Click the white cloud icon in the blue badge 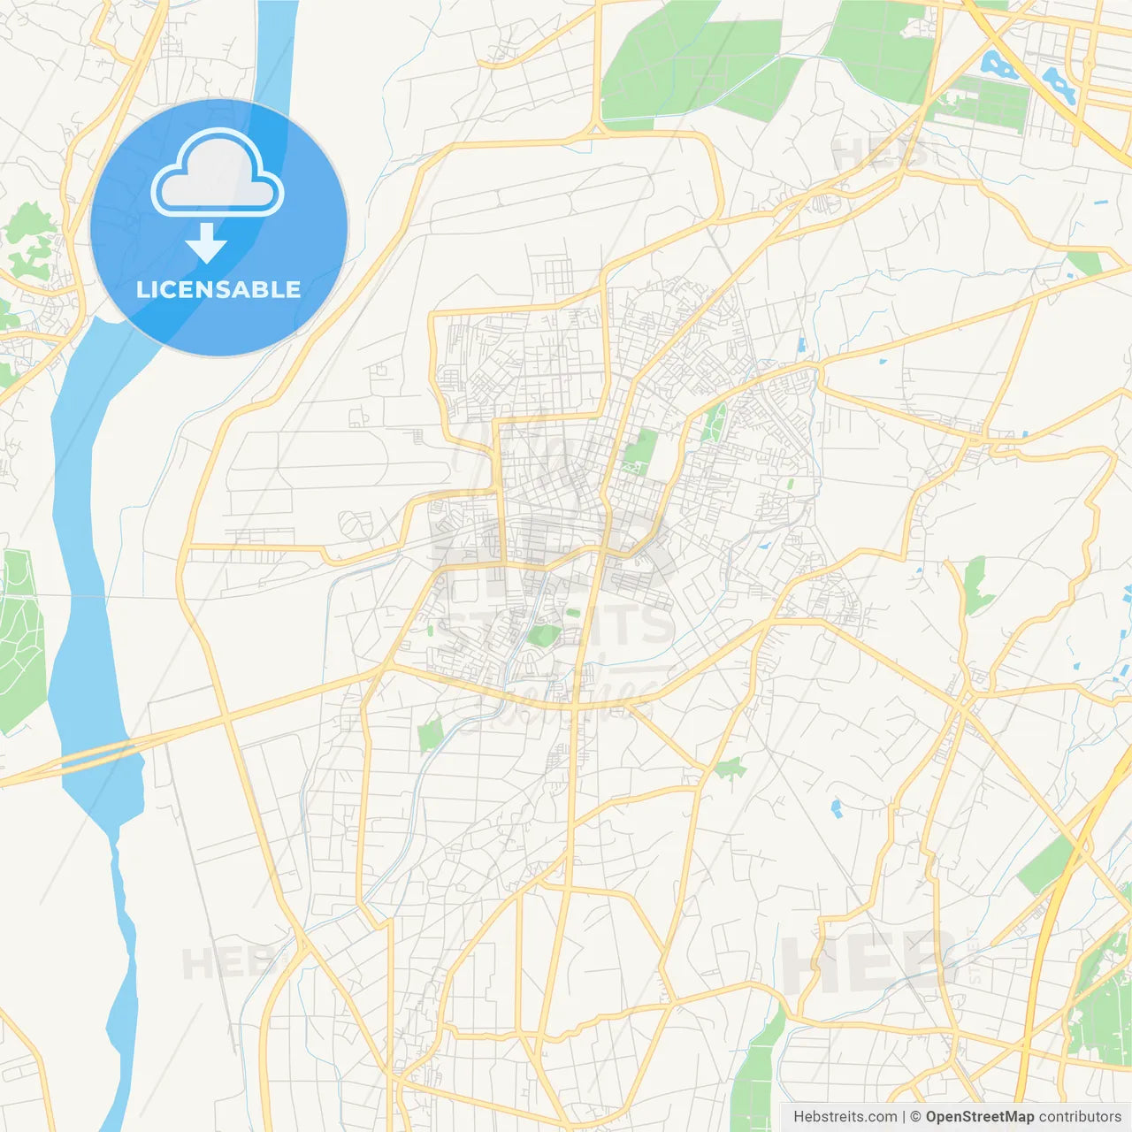(x=218, y=173)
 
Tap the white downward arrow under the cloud (x=207, y=243)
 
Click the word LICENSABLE (x=218, y=289)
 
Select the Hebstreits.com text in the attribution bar (x=845, y=1117)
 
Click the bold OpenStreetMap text (x=980, y=1117)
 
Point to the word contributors (x=1080, y=1117)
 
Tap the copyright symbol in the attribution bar (x=916, y=1117)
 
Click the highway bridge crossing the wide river (x=97, y=754)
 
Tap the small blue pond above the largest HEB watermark (x=836, y=807)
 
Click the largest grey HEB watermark (x=867, y=961)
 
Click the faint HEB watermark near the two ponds (x=880, y=152)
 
